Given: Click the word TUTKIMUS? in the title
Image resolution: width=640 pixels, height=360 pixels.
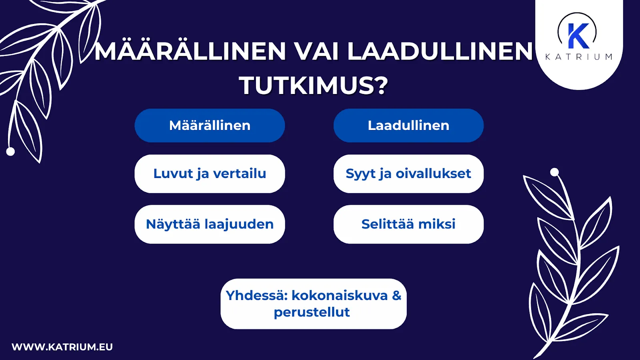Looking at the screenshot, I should click(x=314, y=85).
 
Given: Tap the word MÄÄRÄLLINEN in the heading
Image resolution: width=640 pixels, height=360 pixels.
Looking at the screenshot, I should click(x=190, y=51).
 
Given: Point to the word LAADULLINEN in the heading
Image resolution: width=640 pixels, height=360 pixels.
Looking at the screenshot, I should click(x=440, y=51).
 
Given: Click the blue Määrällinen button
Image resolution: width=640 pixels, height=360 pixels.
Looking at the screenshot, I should click(x=210, y=126).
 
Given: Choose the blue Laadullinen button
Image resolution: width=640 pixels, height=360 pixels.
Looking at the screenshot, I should click(x=408, y=126).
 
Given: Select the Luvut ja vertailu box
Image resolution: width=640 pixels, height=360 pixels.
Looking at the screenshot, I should click(x=210, y=174).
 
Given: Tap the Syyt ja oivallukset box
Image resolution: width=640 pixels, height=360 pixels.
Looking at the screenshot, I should click(x=408, y=174).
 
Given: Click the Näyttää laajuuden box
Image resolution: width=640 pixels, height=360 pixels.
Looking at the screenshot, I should click(x=210, y=224).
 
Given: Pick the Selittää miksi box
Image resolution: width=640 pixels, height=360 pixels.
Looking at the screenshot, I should click(x=408, y=224).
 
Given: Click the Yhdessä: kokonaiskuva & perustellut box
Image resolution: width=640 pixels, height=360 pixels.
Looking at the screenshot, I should click(x=313, y=304).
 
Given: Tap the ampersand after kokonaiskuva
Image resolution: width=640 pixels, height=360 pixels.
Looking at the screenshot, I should click(x=396, y=295).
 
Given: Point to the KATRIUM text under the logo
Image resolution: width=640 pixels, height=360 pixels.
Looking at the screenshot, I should click(x=578, y=57).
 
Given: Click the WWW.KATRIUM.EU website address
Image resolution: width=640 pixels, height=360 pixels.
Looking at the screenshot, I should click(x=62, y=347).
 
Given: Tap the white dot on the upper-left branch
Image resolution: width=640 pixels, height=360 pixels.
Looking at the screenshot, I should click(x=11, y=152).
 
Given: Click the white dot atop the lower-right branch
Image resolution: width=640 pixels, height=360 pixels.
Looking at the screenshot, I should click(x=554, y=172).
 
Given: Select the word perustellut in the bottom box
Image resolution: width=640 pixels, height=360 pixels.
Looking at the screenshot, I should click(x=312, y=312).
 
